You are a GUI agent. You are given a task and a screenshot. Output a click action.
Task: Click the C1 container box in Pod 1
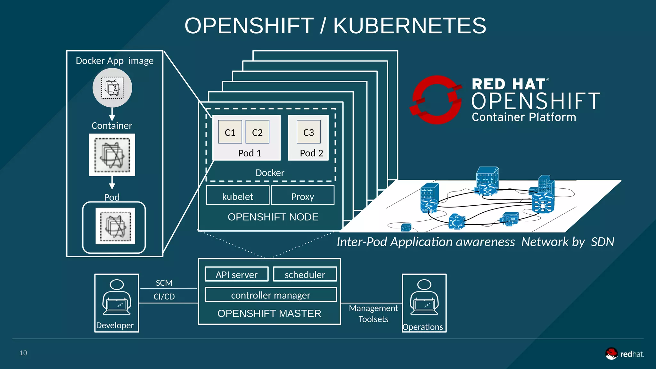(230, 132)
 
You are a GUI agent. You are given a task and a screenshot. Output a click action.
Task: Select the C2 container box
(257, 132)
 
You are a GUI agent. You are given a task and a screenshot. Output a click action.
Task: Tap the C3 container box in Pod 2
(308, 132)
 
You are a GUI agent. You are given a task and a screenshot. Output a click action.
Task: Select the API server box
(236, 274)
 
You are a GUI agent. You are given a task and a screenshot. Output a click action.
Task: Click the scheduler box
(305, 274)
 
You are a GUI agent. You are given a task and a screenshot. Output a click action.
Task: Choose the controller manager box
(271, 295)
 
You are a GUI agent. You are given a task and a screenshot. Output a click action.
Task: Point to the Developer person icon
(117, 298)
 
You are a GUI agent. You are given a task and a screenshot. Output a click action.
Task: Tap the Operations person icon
(424, 298)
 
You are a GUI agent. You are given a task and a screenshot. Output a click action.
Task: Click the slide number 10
(23, 353)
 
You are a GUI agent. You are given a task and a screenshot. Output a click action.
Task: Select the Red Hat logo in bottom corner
(624, 354)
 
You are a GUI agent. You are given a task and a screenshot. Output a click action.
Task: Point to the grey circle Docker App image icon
(112, 88)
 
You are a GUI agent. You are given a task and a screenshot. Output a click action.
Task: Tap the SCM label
(164, 283)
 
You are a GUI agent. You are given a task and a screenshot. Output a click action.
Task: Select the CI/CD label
(164, 297)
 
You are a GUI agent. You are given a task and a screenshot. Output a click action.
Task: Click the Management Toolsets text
(373, 314)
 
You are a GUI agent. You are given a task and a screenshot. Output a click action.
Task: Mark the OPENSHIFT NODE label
(273, 217)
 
